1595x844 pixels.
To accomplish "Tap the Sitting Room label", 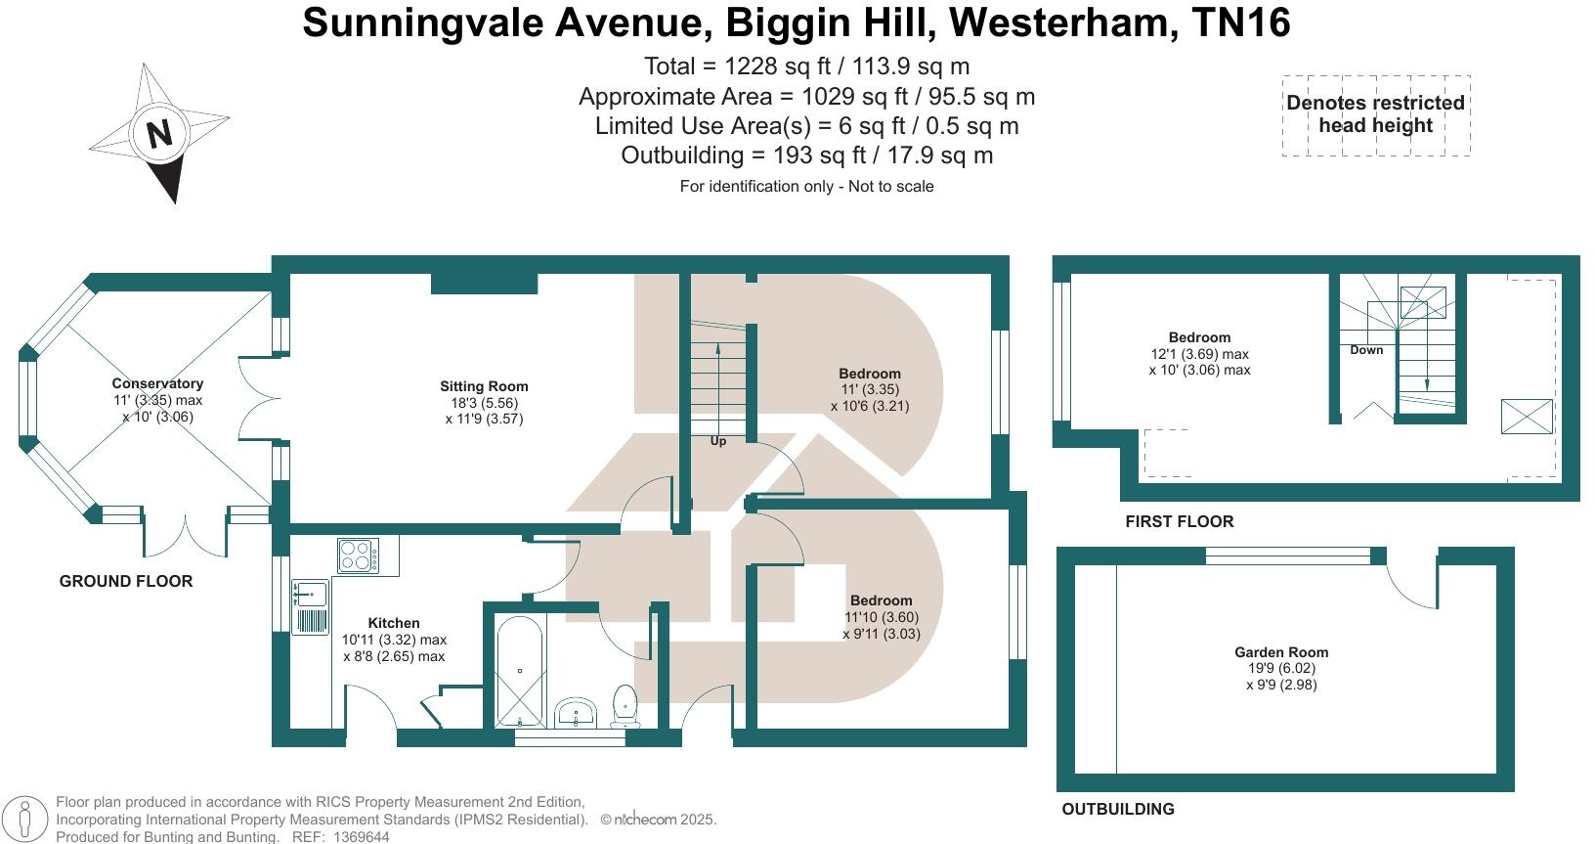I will pyautogui.click(x=483, y=386).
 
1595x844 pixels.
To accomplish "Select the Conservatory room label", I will pyautogui.click(x=157, y=383).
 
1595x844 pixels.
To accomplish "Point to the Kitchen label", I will pyautogui.click(x=394, y=623).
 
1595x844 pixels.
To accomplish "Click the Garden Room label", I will pyautogui.click(x=1280, y=652).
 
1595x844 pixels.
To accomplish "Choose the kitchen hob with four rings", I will pyautogui.click(x=359, y=555).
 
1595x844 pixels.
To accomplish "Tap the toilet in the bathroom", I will pyautogui.click(x=625, y=706).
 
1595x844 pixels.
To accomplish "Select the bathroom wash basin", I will pyautogui.click(x=577, y=712).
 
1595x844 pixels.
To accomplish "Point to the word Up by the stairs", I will pyautogui.click(x=718, y=441).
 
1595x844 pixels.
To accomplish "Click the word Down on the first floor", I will pyautogui.click(x=1366, y=350).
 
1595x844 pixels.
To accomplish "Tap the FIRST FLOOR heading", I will pyautogui.click(x=1179, y=521).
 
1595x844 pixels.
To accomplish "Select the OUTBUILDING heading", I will pyautogui.click(x=1118, y=809).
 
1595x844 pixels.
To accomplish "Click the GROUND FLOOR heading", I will pyautogui.click(x=126, y=581).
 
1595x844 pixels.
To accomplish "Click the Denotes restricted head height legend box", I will pyautogui.click(x=1375, y=114).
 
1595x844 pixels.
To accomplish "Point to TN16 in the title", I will pyautogui.click(x=1241, y=22).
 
